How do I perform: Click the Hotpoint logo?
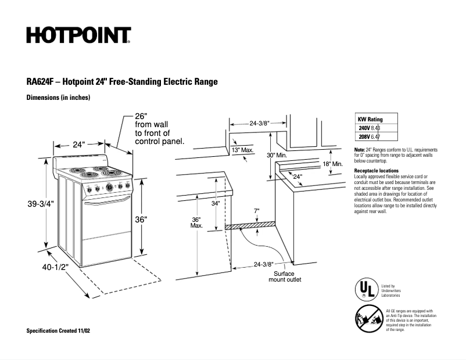(78, 36)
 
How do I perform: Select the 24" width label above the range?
(79, 145)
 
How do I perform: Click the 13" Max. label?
(243, 150)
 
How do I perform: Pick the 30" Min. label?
(278, 156)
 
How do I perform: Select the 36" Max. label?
(196, 222)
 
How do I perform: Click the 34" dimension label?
(215, 204)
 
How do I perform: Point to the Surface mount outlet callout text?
(285, 276)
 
